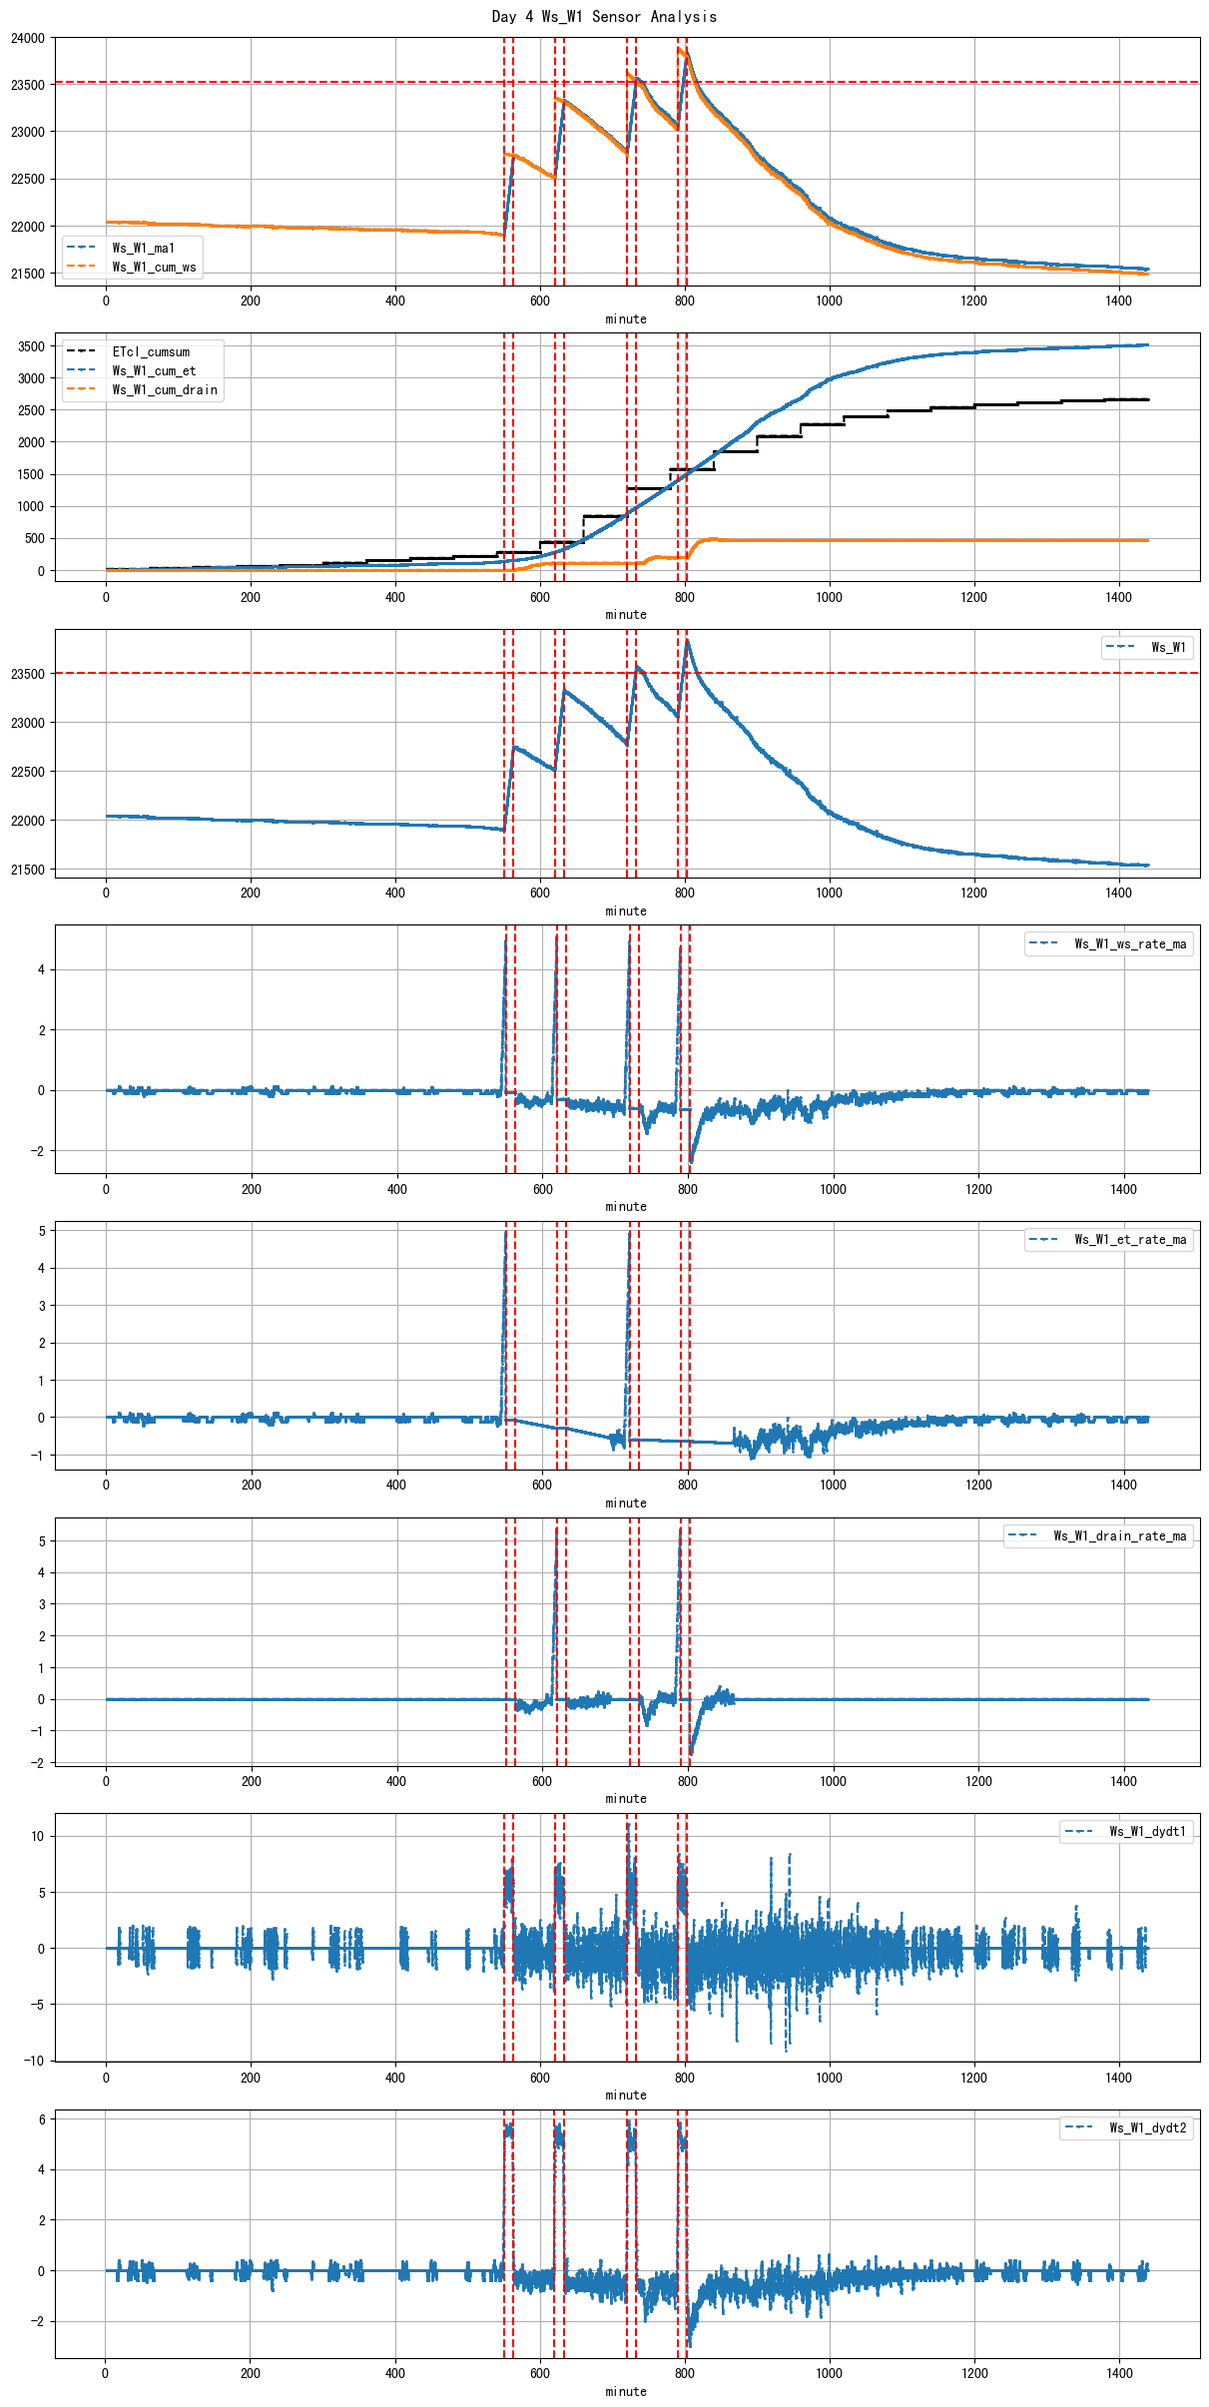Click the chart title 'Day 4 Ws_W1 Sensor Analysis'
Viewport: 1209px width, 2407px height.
[x=604, y=17]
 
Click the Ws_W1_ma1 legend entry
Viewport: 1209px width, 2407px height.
[x=143, y=248]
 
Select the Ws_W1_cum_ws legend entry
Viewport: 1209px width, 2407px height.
[x=154, y=267]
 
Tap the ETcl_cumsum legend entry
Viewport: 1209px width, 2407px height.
[x=151, y=351]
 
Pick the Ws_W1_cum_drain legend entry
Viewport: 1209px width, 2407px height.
[x=165, y=389]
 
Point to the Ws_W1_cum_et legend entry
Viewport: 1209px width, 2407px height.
[x=154, y=370]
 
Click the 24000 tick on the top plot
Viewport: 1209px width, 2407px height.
[x=28, y=38]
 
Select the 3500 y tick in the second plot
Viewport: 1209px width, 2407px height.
[x=31, y=346]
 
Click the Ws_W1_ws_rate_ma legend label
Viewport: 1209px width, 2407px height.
[x=1130, y=943]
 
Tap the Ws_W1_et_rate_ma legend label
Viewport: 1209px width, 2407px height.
[x=1130, y=1239]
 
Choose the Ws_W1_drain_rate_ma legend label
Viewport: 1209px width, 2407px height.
[x=1120, y=1535]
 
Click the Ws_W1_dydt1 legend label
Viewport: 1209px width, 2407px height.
[x=1147, y=1831]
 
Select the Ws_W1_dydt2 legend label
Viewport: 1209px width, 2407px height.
[x=1147, y=2127]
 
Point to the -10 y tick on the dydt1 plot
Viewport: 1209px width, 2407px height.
[x=33, y=2060]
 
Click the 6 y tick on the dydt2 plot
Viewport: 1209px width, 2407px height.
[x=41, y=2118]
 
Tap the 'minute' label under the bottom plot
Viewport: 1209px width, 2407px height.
[x=626, y=2391]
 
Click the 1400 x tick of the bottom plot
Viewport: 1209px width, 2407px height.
[x=1119, y=2373]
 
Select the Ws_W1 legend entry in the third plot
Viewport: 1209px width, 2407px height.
[x=1168, y=647]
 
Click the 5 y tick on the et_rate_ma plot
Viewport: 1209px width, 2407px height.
[x=41, y=1231]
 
